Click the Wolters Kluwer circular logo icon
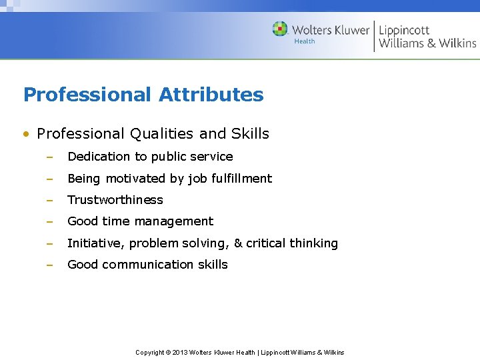280,29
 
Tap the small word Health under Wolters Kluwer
305,41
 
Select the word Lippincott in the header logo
404,30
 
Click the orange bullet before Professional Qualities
26,134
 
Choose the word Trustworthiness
115,200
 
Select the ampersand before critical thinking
237,243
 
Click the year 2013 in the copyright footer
180,352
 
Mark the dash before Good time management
49,222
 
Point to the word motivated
134,178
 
